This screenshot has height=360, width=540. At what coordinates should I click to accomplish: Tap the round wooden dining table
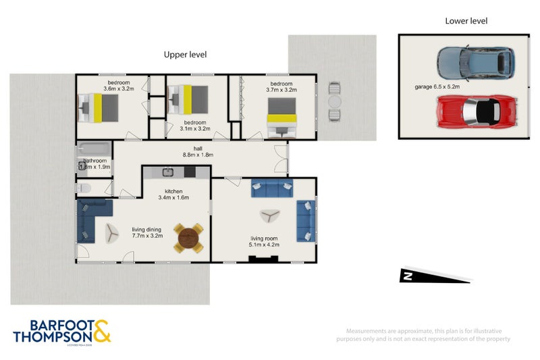[188, 238]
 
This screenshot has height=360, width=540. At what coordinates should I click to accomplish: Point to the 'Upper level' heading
[186, 54]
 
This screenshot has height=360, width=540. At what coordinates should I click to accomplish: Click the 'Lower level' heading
[466, 21]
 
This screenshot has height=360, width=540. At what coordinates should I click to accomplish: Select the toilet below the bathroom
[83, 188]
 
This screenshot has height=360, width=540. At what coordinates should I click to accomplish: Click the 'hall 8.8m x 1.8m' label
[198, 151]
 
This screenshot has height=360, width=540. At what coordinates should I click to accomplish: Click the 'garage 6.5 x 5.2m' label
[437, 87]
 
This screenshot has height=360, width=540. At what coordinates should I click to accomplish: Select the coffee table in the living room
[271, 215]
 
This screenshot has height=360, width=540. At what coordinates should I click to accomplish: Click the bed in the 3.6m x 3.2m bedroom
[99, 105]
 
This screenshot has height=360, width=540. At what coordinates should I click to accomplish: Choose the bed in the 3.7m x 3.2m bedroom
[281, 113]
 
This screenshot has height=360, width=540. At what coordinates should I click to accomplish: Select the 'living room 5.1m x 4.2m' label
[264, 242]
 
